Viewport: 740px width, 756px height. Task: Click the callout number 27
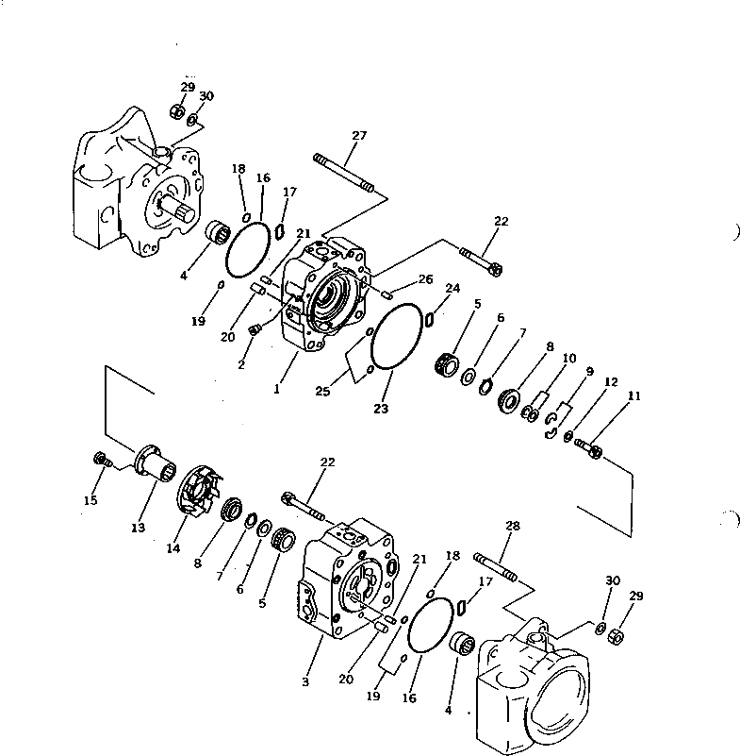(x=358, y=136)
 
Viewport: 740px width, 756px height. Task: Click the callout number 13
(x=138, y=528)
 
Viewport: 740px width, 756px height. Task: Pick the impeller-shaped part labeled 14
(x=197, y=490)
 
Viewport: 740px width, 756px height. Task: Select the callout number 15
(x=90, y=500)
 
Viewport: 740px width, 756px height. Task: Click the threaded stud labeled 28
(x=498, y=571)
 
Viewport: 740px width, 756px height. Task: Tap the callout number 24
(x=452, y=289)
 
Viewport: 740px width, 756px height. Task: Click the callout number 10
(x=568, y=359)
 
